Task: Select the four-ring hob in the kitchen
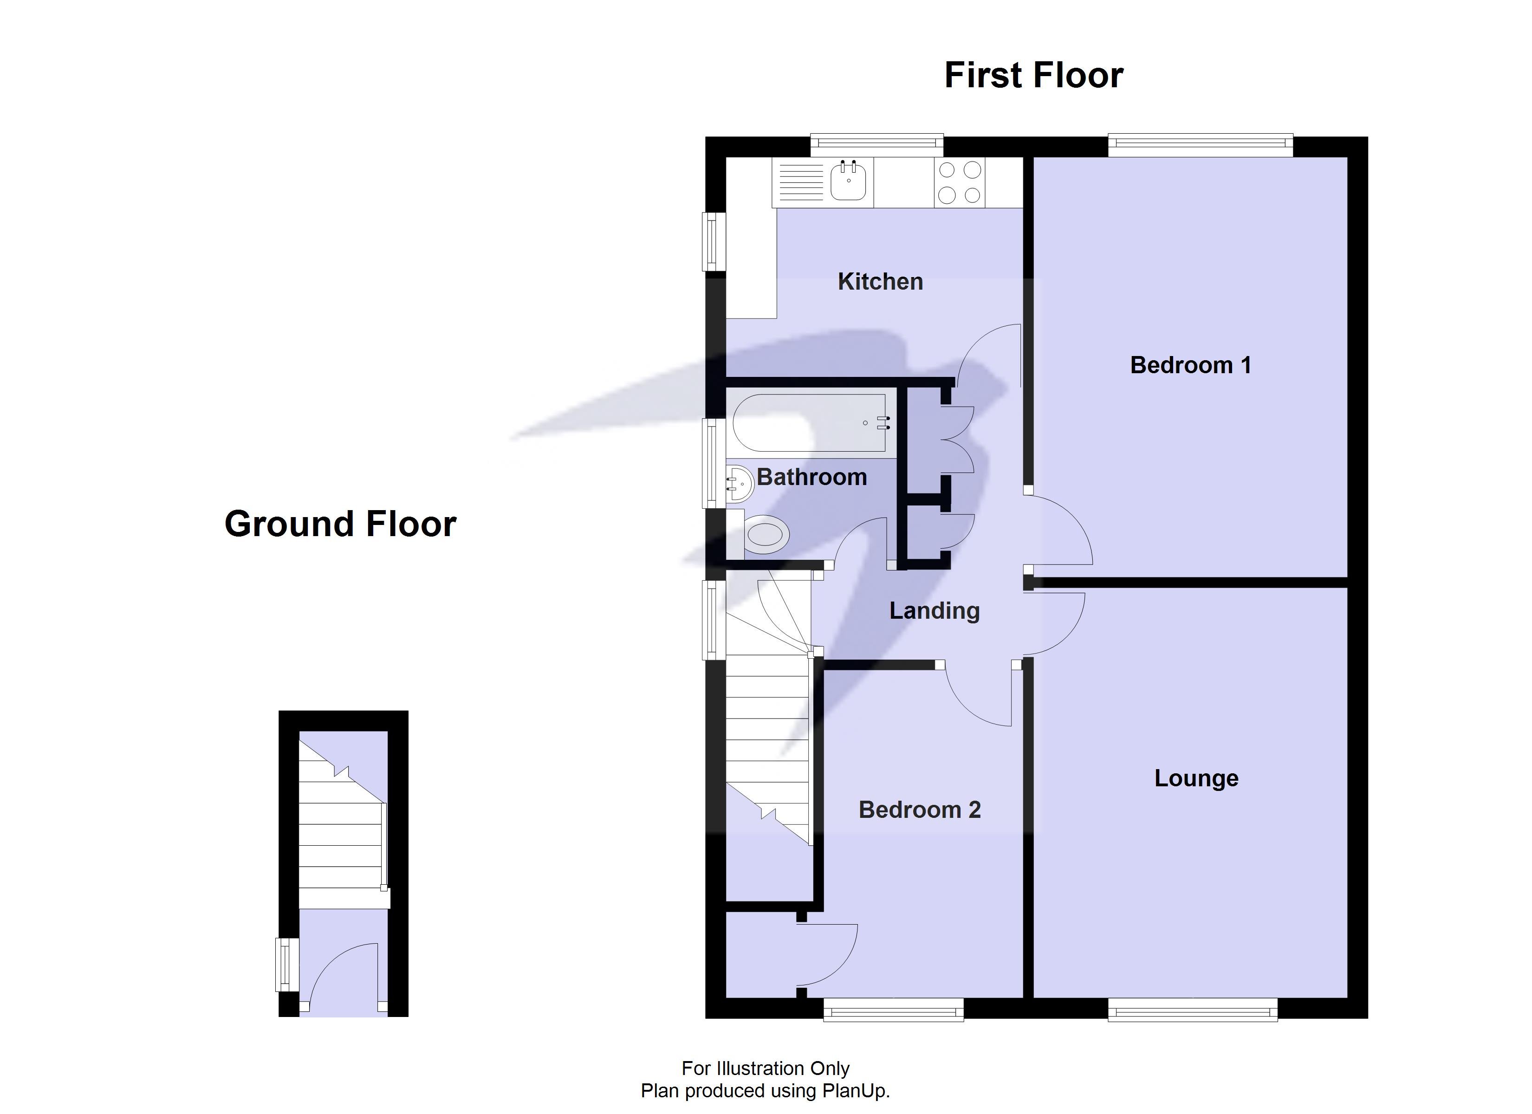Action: tap(959, 182)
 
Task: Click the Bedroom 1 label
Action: tap(1190, 365)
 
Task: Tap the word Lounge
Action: tap(1195, 778)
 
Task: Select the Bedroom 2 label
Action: tap(919, 810)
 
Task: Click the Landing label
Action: tap(934, 611)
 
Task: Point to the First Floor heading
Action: tap(1033, 75)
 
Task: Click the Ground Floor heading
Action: tap(340, 524)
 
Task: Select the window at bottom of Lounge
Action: tap(1192, 1012)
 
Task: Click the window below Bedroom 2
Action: tap(893, 1012)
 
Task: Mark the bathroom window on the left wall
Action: tap(711, 463)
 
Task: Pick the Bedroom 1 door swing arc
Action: tap(1060, 531)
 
